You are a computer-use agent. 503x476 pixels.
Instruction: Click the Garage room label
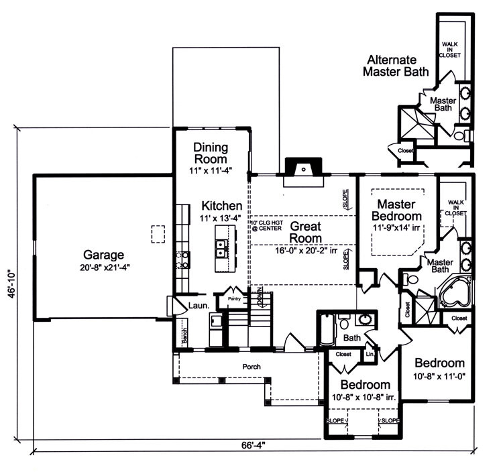(x=104, y=255)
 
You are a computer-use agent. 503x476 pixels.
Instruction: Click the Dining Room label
(x=211, y=153)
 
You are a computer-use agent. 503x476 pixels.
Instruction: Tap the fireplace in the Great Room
(x=304, y=170)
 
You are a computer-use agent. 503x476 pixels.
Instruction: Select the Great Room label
(x=305, y=232)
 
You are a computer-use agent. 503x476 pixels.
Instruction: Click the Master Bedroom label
(x=398, y=210)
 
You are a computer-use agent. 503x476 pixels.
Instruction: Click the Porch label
(x=251, y=367)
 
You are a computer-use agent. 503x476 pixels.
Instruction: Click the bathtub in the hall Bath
(x=328, y=329)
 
